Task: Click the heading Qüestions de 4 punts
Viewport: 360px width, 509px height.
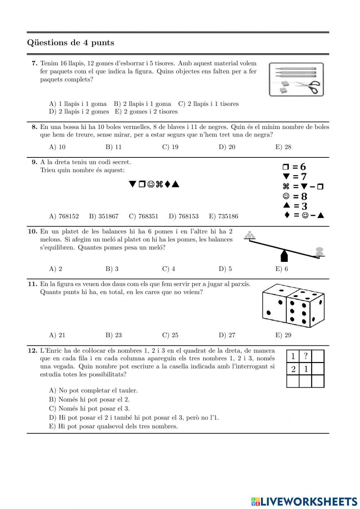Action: pos(71,43)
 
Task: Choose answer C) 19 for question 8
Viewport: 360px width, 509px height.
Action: pos(170,147)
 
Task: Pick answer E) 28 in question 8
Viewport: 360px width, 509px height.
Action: pos(283,147)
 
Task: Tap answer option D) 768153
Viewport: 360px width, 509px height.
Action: pos(183,216)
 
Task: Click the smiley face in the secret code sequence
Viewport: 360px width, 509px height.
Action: pos(151,184)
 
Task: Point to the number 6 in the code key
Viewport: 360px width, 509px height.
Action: pos(303,167)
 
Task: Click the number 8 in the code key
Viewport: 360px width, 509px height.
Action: pos(304,197)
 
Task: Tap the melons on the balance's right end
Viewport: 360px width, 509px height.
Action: pos(319,251)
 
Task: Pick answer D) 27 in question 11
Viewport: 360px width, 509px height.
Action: pos(227,335)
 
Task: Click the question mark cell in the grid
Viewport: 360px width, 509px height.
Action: pos(306,356)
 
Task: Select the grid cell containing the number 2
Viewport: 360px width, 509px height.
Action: pos(293,369)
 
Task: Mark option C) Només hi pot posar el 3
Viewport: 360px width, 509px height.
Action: pos(89,408)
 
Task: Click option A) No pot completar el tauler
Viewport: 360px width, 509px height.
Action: pos(93,390)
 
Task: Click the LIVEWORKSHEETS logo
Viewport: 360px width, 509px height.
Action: pos(304,501)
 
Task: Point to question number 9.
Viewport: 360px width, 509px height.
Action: pos(35,162)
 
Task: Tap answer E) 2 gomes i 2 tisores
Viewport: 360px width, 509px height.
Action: pos(146,112)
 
